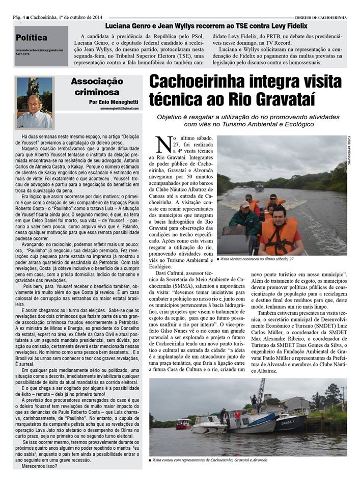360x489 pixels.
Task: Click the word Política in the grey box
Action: (x=32, y=37)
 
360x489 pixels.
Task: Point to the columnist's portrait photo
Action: (x=35, y=103)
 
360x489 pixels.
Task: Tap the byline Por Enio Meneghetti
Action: (x=113, y=102)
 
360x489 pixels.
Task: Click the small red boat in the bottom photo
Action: (x=183, y=423)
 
